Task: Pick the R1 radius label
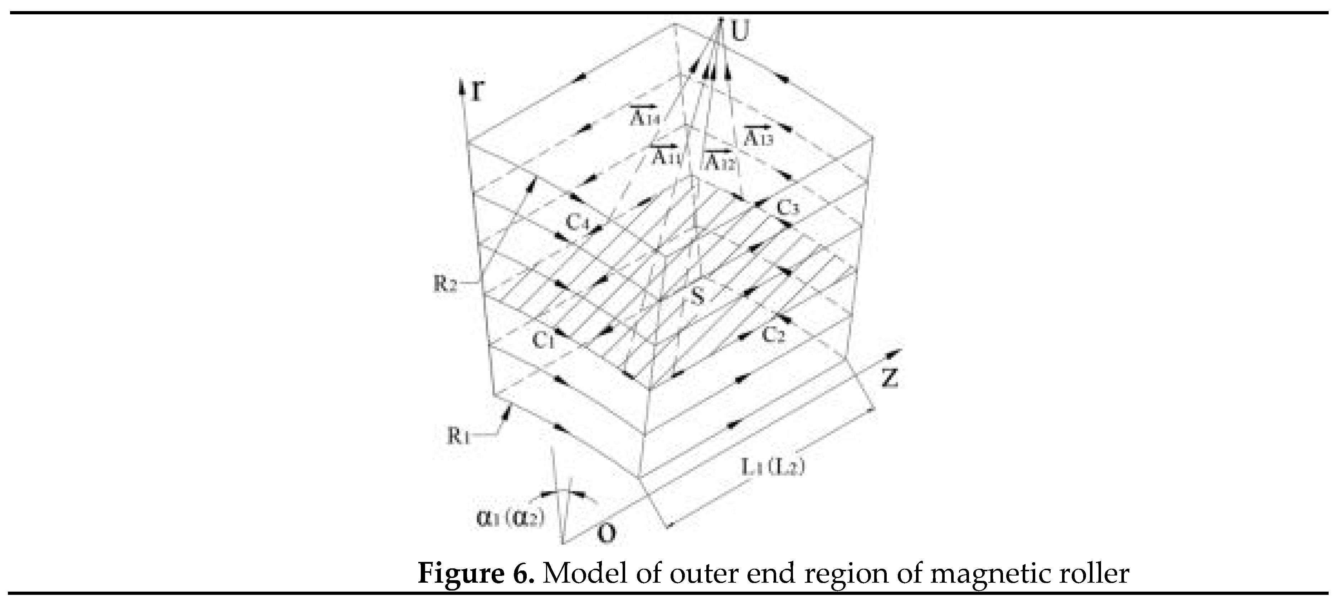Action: click(x=460, y=436)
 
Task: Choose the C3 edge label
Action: click(x=788, y=208)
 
